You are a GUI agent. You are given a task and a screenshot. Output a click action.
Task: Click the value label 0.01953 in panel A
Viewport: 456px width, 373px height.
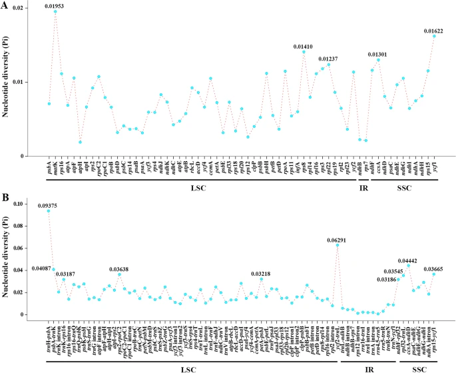[x=55, y=6]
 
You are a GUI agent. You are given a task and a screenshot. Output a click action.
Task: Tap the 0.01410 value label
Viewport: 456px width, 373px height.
[x=303, y=47]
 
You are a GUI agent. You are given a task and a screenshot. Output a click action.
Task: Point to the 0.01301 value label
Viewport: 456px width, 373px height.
[x=377, y=54]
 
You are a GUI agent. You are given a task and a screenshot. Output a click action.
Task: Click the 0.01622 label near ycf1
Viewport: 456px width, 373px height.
[x=434, y=31]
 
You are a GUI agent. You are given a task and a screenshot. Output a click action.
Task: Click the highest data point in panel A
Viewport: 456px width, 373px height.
[x=55, y=12]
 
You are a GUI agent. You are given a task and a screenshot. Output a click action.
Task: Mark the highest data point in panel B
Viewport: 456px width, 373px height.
[x=49, y=211]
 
